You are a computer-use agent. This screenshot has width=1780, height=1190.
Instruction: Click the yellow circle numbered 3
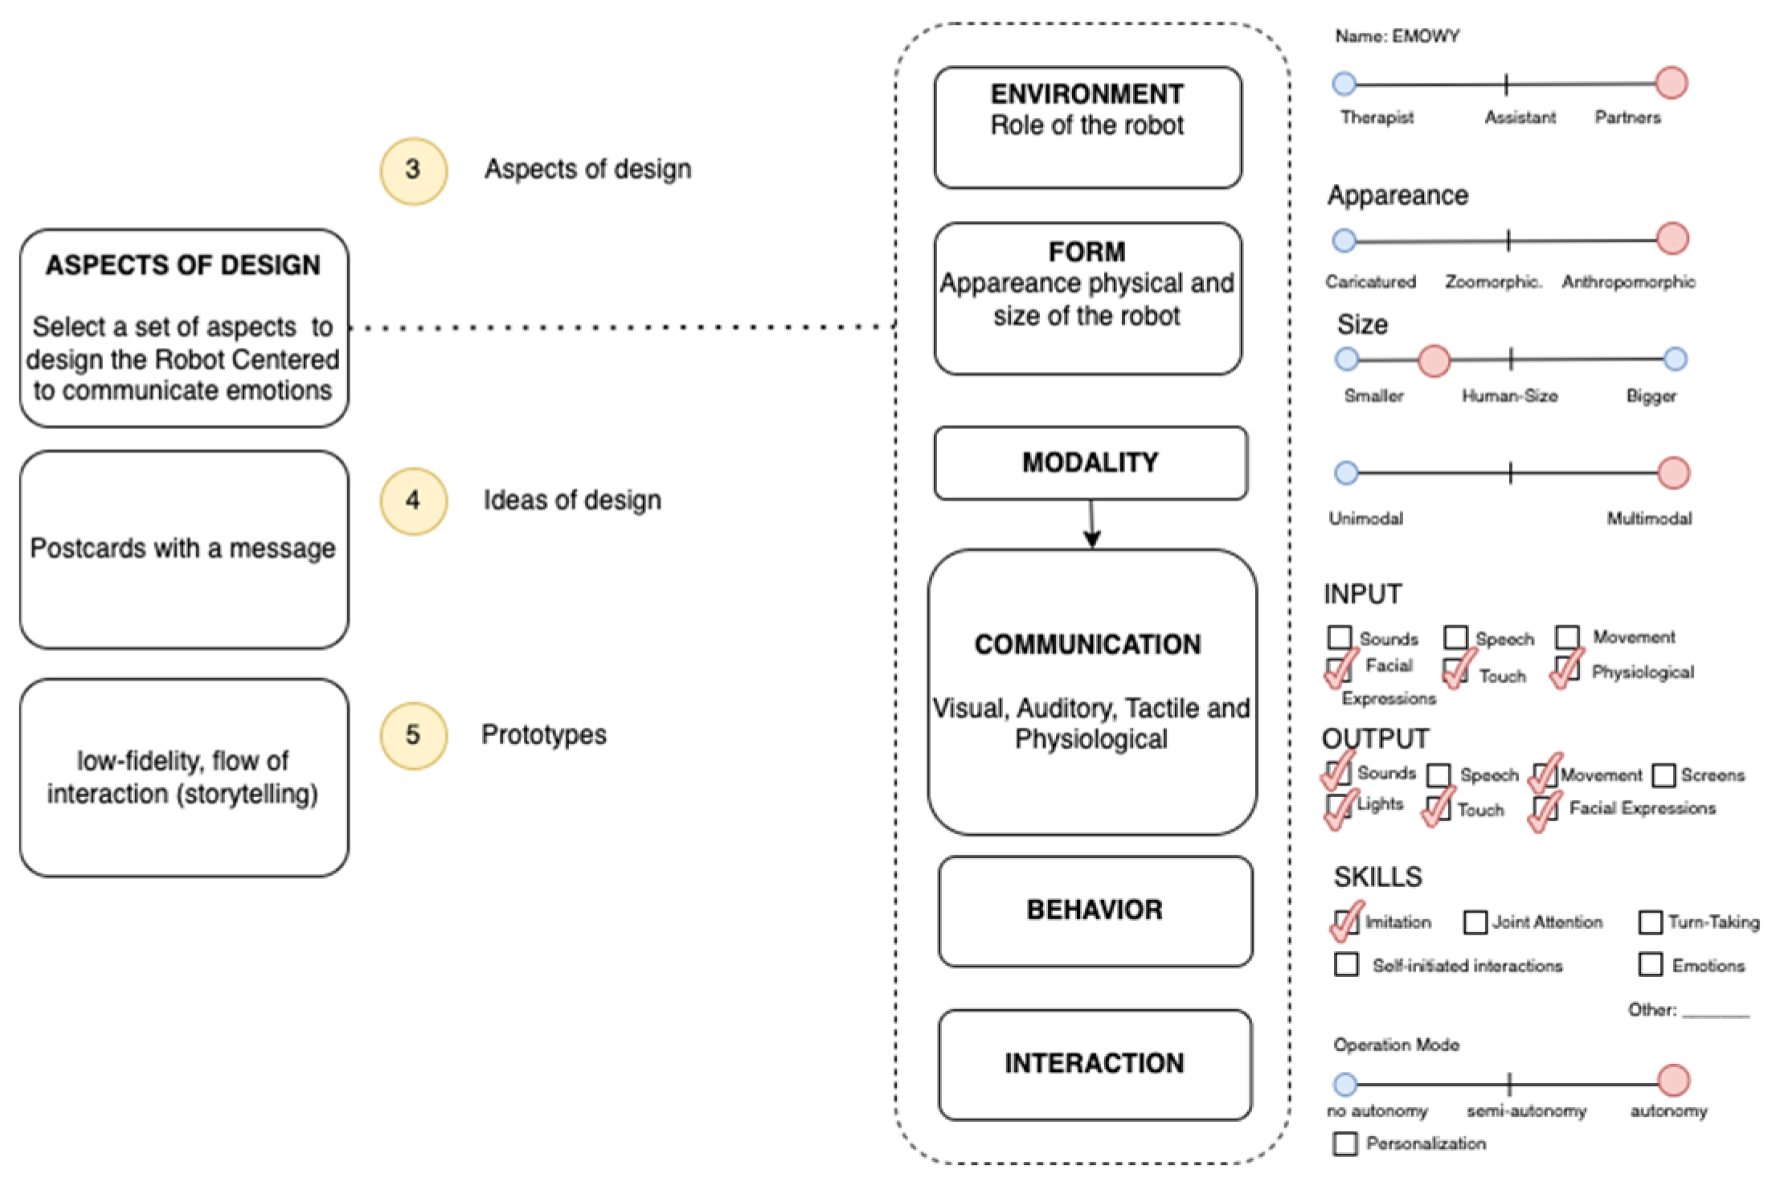[x=413, y=170]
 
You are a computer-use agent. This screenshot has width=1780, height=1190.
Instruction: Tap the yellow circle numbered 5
[x=413, y=735]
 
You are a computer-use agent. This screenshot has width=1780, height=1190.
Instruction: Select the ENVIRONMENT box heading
[x=1086, y=94]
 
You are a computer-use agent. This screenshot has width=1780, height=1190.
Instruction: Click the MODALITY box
[x=1090, y=463]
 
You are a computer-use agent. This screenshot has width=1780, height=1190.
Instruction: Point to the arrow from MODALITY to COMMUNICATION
[x=1091, y=525]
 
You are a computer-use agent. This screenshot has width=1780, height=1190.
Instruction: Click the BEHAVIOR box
[x=1095, y=910]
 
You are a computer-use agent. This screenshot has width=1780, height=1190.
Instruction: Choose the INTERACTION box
[x=1095, y=1064]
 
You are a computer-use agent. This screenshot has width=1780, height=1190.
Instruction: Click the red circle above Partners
[x=1672, y=83]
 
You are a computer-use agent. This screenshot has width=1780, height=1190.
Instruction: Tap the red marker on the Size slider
[x=1434, y=361]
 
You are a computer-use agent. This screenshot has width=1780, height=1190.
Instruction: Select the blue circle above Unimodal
[x=1346, y=473]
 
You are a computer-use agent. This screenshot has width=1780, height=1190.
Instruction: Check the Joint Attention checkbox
[x=1475, y=922]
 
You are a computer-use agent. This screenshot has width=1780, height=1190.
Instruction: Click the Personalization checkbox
[x=1345, y=1143]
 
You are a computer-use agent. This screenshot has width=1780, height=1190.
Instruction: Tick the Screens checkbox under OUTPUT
[x=1663, y=775]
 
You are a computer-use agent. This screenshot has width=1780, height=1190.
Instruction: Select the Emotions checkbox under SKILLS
[x=1650, y=964]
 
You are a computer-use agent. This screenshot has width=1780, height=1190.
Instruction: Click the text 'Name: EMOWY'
[x=1397, y=36]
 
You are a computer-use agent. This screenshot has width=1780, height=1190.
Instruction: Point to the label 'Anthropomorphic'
[x=1628, y=282]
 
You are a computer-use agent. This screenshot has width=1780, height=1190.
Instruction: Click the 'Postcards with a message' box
[x=184, y=549]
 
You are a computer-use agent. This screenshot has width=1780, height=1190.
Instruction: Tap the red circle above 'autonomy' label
[x=1673, y=1081]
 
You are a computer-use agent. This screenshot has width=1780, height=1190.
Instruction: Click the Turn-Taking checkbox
[x=1650, y=922]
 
